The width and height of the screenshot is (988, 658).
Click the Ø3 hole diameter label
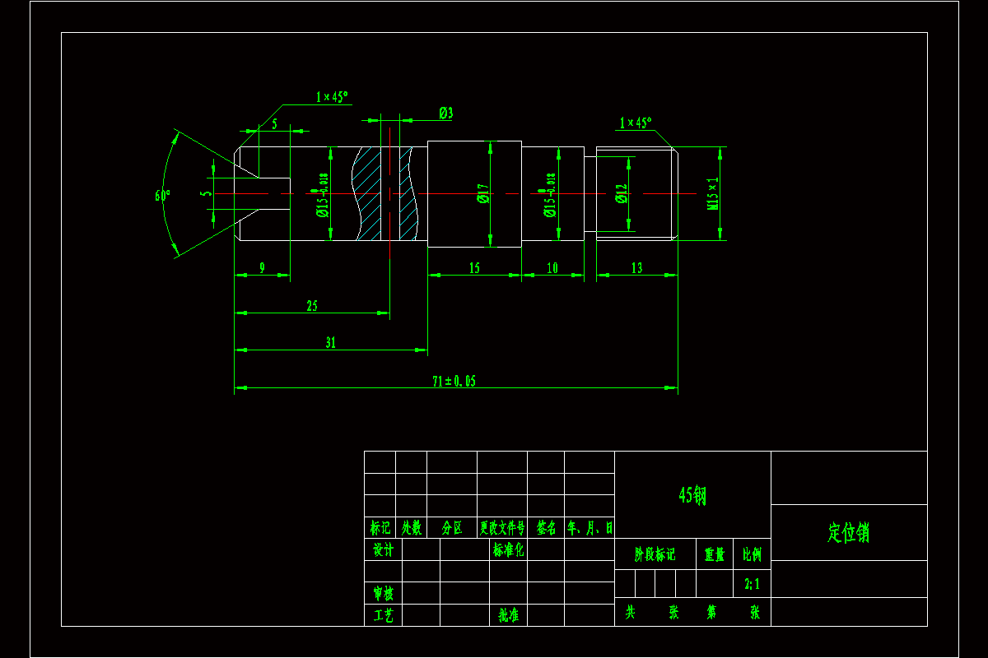coord(445,114)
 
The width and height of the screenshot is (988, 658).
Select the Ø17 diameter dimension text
coord(483,194)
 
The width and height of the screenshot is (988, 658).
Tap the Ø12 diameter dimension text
coord(622,194)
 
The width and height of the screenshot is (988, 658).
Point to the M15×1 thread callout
coord(713,194)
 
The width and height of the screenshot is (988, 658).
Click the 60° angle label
coord(162,196)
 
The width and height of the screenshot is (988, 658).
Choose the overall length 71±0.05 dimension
coord(454,381)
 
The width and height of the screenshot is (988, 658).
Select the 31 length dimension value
coord(330,343)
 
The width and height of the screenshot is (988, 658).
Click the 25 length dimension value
coord(312,306)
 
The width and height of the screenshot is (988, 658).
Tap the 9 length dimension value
coord(262,267)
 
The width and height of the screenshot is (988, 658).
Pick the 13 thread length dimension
coord(636,267)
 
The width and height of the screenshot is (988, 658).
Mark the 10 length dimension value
coord(552,267)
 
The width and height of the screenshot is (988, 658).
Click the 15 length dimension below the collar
coord(474,267)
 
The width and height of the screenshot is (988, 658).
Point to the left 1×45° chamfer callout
coord(332,97)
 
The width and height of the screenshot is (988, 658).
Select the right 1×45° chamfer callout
coord(635,123)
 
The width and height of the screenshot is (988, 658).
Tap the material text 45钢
coord(692,495)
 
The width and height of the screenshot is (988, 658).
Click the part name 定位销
coord(848,533)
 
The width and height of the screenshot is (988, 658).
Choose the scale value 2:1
coord(752,584)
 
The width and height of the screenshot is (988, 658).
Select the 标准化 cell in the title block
coord(508,549)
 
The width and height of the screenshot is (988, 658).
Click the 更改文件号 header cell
coord(502,527)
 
